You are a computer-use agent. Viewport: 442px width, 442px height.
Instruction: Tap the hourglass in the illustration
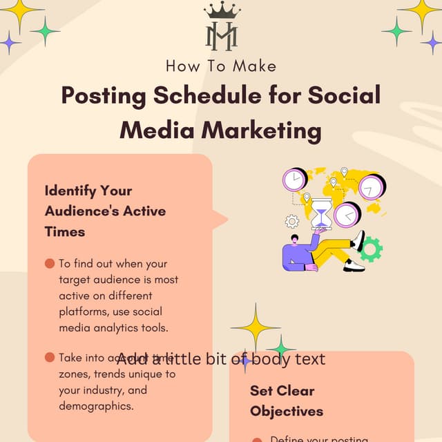(x=320, y=213)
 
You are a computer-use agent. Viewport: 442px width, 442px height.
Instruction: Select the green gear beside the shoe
(x=372, y=249)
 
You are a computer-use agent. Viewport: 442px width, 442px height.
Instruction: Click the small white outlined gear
(x=292, y=222)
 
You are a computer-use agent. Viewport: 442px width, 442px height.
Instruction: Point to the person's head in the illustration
(x=295, y=239)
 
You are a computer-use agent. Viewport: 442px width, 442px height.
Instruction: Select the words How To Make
(x=221, y=66)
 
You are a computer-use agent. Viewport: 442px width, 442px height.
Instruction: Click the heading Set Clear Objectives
(x=286, y=401)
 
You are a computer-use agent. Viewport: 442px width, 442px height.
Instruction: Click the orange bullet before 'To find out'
(x=49, y=263)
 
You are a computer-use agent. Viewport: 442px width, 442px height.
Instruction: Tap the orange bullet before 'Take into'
(x=49, y=357)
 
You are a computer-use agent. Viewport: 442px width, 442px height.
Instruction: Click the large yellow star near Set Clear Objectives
(x=256, y=327)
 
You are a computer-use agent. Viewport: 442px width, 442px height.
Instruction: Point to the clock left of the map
(x=295, y=180)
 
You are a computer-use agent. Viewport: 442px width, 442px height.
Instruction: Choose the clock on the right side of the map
(x=372, y=186)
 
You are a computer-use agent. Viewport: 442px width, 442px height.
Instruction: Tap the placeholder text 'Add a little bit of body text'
(x=221, y=359)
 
